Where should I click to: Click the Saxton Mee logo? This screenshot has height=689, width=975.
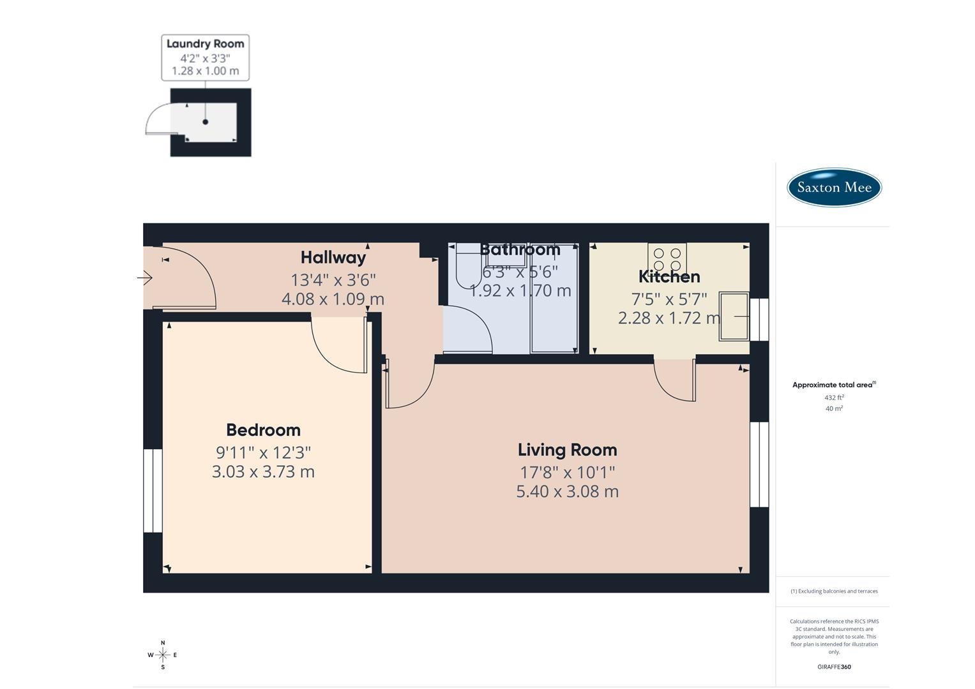coord(834,187)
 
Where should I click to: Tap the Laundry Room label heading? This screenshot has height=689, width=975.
coord(205,43)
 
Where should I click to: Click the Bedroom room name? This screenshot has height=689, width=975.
coord(263,429)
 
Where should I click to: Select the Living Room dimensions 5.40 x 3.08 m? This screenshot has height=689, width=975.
coord(567,491)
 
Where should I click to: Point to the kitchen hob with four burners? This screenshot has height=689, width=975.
coord(667,259)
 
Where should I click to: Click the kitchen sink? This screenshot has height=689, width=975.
coord(734,316)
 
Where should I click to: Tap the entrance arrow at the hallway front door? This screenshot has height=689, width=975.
coord(145,278)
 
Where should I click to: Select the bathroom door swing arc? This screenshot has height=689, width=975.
coord(469,329)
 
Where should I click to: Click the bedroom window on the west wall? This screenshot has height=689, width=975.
coord(153,491)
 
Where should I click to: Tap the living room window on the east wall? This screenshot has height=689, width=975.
coord(759,464)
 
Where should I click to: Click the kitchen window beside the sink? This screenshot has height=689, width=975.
coord(759,320)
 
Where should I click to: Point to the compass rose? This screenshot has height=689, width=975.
coord(163,655)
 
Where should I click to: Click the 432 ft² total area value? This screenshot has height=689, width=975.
coord(834,397)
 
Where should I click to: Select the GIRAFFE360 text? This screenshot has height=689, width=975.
coord(834,667)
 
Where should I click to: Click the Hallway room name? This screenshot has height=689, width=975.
coord(333,257)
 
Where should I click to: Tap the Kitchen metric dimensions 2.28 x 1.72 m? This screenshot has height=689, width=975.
coord(669,318)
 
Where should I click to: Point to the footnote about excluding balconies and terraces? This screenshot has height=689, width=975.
coord(834,591)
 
